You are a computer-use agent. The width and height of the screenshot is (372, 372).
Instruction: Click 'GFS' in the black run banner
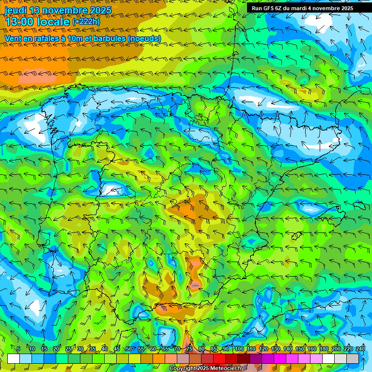pyautogui.click(x=268, y=8)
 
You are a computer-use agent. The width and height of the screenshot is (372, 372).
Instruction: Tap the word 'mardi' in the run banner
pyautogui.click(x=297, y=8)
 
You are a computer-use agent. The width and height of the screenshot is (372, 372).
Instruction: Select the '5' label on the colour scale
pyautogui.click(x=18, y=349)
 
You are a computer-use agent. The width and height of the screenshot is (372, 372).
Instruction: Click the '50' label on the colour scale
pyautogui.click(x=128, y=349)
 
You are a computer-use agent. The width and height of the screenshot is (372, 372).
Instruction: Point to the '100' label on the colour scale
pyautogui.click(x=239, y=349)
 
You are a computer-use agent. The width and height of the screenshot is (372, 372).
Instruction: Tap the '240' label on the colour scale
pyautogui.click(x=360, y=349)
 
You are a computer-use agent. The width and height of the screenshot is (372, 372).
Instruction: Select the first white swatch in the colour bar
pyautogui.click(x=14, y=358)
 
